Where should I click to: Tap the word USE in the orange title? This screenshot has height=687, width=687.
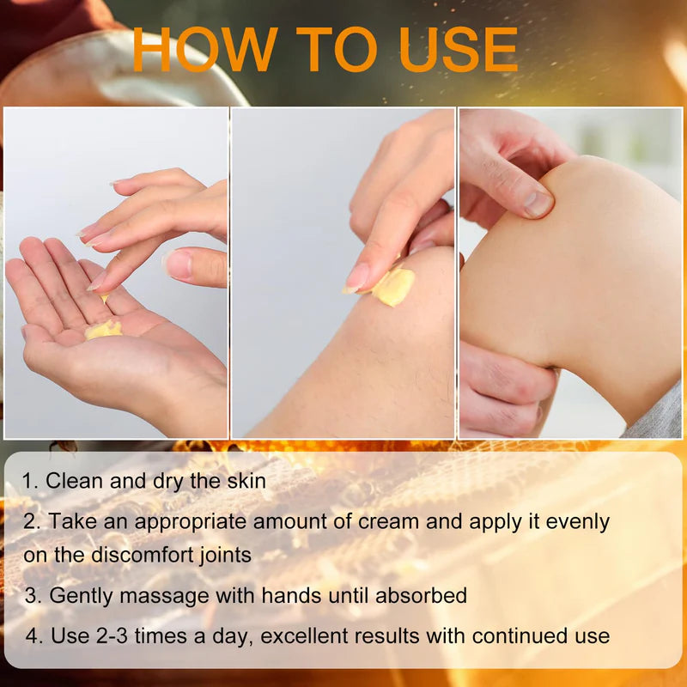459,49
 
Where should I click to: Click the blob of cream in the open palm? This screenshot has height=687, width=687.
103,330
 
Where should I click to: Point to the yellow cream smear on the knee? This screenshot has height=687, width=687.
393,287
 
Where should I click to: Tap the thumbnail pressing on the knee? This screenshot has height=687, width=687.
538,204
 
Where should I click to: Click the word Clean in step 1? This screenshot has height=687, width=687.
74,481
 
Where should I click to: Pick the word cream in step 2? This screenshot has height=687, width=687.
388,521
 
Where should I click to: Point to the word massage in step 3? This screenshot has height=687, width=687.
164,596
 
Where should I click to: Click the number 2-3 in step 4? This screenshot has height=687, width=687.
112,635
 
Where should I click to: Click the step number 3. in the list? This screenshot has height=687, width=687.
33,595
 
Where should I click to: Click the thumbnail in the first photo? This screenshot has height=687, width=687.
177,264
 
